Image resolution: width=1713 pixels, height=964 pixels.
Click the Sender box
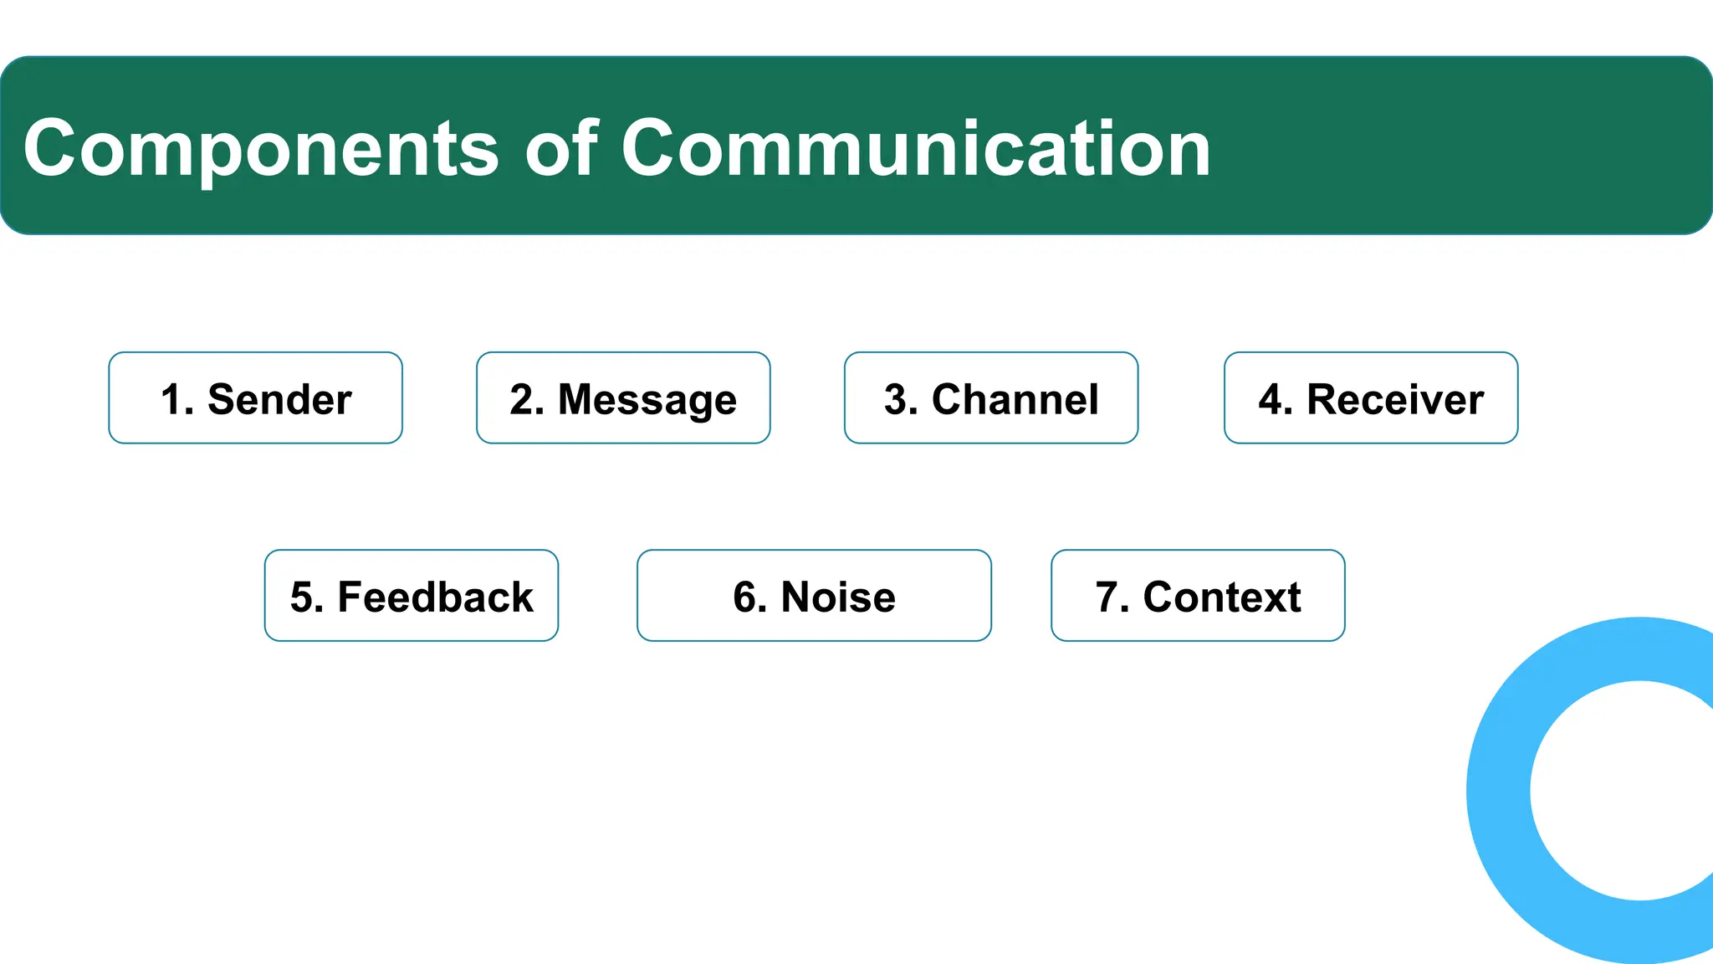(x=255, y=397)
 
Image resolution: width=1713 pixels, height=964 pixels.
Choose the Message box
(x=623, y=397)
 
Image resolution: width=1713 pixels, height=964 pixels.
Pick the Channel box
(x=991, y=397)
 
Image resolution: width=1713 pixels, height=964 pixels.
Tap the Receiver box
(x=1371, y=397)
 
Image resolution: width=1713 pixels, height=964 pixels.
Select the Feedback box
(x=412, y=595)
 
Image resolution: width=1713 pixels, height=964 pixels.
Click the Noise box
(x=814, y=595)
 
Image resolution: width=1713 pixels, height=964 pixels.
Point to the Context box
(x=1198, y=595)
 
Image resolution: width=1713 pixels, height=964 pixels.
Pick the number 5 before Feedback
(x=302, y=597)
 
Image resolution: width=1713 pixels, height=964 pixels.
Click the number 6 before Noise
(x=745, y=597)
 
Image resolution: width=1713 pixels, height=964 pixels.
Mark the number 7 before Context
(x=1107, y=597)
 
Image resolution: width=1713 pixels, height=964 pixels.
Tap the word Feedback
(x=435, y=597)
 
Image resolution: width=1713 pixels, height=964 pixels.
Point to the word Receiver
(x=1395, y=400)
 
